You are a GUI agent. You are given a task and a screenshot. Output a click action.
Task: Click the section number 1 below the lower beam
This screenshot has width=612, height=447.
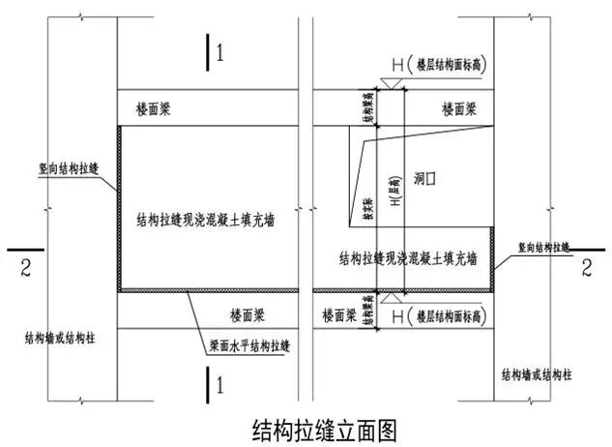[x=221, y=385]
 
